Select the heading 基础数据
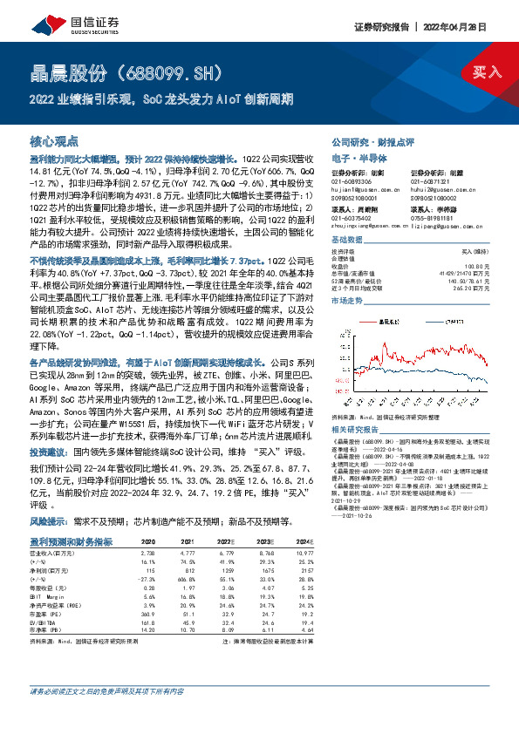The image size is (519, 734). coord(347,238)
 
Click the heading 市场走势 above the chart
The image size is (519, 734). coord(347,299)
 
